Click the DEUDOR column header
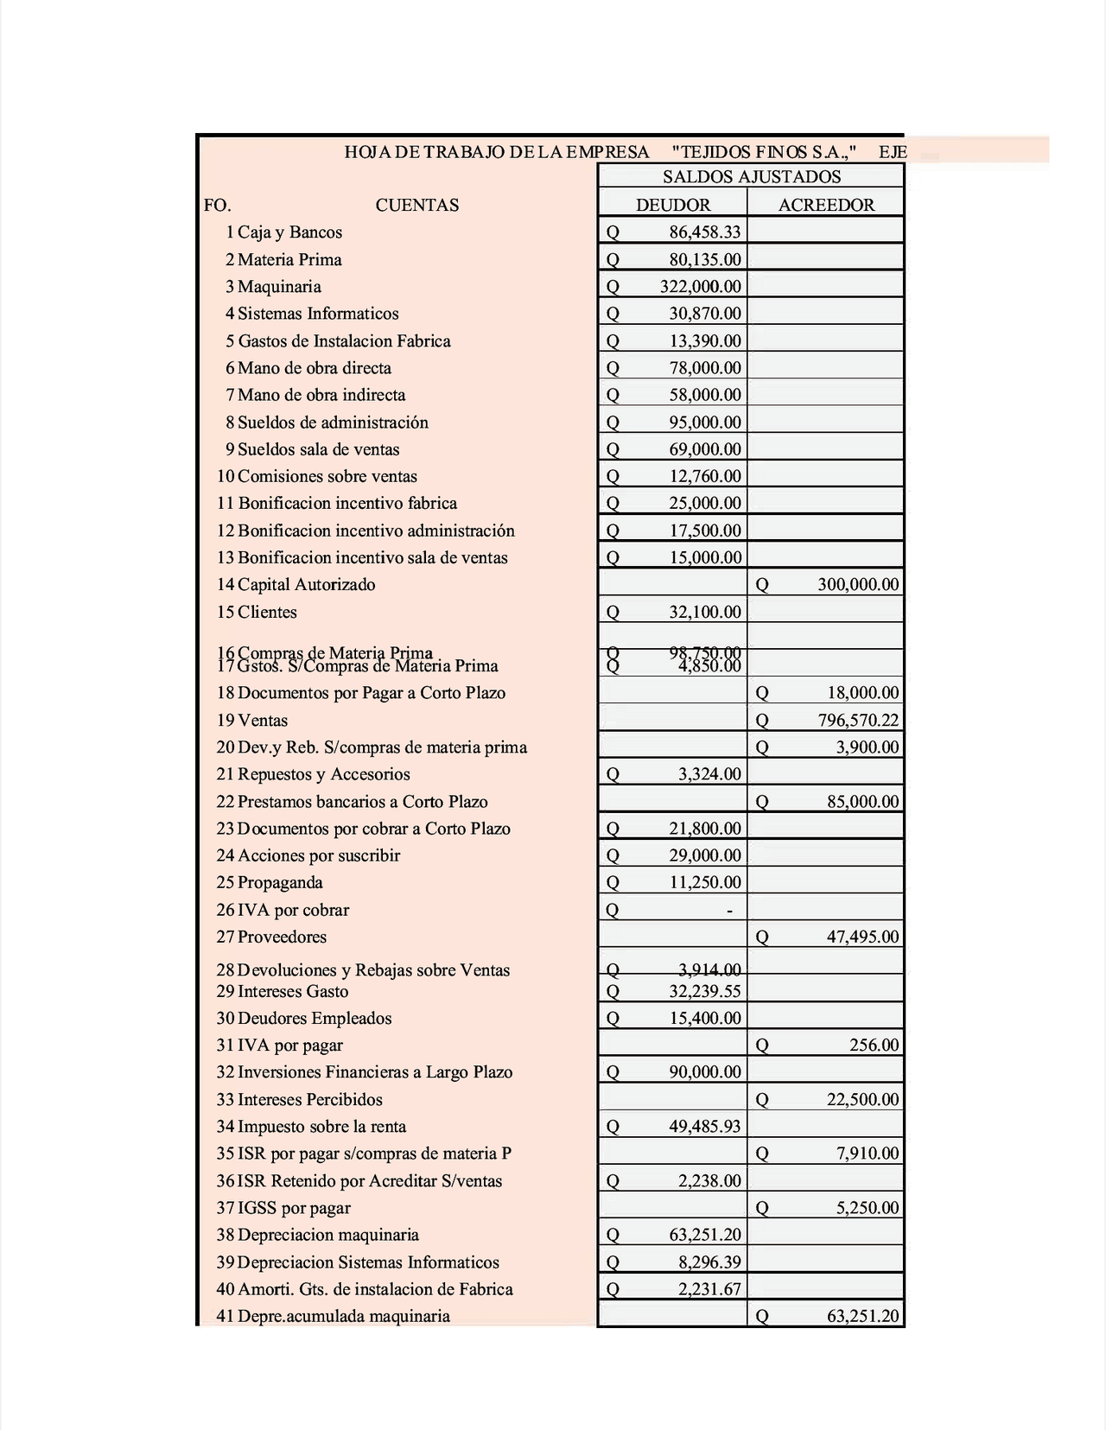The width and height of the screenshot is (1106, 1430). coord(672,205)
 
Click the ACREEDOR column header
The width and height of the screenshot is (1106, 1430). coord(826,205)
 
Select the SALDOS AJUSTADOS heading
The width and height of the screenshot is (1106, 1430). coord(751,177)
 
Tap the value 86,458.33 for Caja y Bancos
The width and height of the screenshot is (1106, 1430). coord(704,232)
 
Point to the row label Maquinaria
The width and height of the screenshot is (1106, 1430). coord(279,286)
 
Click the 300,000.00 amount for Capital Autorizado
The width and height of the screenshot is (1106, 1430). coord(857,585)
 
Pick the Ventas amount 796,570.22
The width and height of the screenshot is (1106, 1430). coord(857,720)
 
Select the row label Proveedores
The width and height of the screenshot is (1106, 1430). coord(282,937)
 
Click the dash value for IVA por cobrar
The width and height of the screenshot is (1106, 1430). coord(729,910)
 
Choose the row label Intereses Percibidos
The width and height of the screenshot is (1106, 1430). coord(309,1099)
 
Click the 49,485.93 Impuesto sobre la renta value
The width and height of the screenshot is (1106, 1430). coord(704,1126)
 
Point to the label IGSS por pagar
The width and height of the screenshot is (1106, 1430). coord(294,1208)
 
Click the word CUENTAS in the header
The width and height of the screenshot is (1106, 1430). coord(416,205)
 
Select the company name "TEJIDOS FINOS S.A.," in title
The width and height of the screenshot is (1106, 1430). coord(764,153)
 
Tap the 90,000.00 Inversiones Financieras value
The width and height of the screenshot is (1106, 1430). coord(704,1072)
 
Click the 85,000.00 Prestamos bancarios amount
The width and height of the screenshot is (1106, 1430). coord(862,801)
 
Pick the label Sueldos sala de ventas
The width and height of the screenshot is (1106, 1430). coord(318,449)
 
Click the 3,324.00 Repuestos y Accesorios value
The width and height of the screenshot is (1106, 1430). coord(709,774)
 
